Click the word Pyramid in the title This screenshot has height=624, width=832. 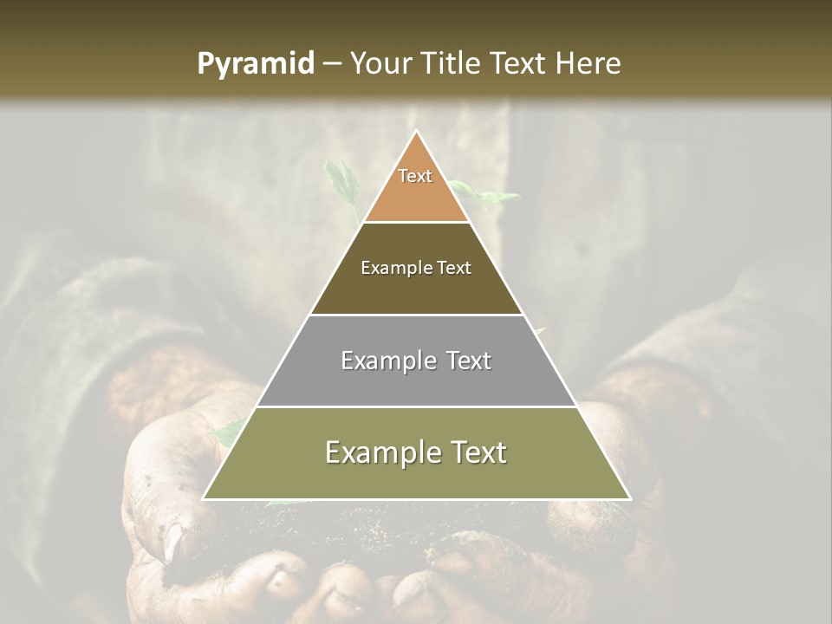256,63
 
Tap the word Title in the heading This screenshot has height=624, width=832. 452,63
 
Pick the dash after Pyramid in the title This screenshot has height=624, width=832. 331,64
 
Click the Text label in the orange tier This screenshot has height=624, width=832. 415,176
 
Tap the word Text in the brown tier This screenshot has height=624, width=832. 454,268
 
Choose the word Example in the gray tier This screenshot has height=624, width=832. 387,361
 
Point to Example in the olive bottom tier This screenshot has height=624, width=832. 380,452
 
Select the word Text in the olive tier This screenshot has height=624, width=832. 478,452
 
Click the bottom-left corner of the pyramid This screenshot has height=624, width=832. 204,499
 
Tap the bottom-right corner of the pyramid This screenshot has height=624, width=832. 630,499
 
